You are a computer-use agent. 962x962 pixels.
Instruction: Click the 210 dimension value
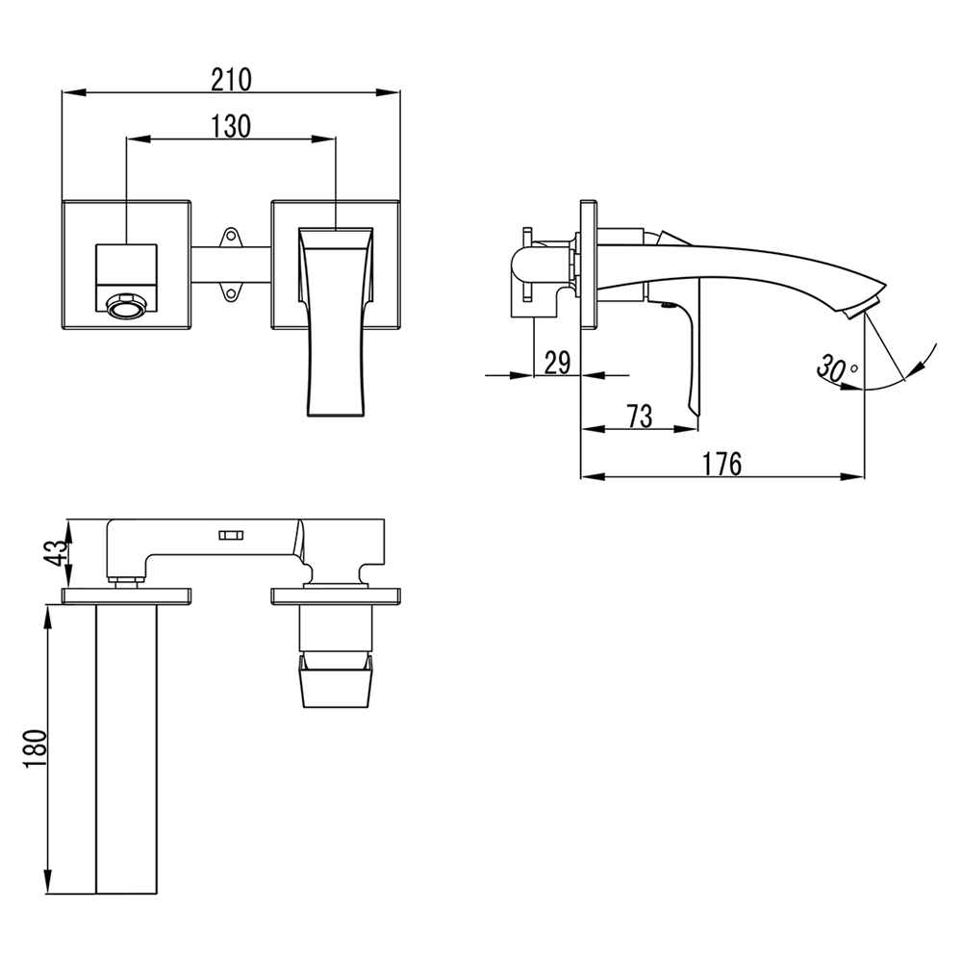pyautogui.click(x=231, y=80)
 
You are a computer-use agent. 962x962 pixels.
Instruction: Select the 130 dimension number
pyautogui.click(x=231, y=126)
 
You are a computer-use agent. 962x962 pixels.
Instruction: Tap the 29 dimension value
pyautogui.click(x=558, y=363)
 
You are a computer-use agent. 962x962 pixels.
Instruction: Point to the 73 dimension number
pyautogui.click(x=640, y=416)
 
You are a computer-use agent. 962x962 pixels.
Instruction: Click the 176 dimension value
pyautogui.click(x=722, y=464)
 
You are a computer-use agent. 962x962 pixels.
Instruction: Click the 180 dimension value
pyautogui.click(x=35, y=748)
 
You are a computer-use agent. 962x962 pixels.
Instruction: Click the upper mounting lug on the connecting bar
pyautogui.click(x=231, y=237)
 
